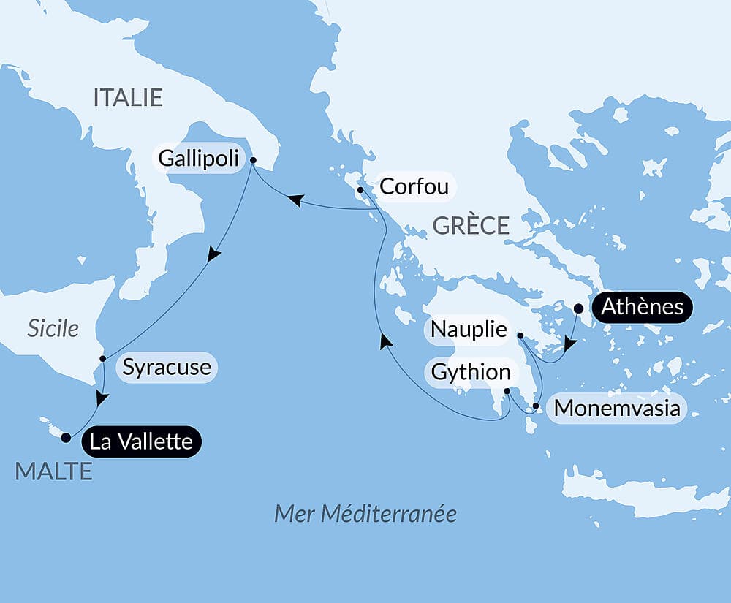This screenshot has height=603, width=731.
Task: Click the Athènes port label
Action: [642, 307]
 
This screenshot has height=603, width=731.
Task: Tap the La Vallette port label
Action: [141, 441]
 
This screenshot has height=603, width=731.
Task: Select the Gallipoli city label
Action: [199, 158]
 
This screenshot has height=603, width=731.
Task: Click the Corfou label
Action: [413, 186]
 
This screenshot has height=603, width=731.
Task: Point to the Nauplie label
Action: [469, 330]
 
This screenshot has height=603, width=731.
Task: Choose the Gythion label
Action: [471, 372]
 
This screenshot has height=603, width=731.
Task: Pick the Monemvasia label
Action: [618, 409]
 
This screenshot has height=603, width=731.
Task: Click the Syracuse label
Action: [167, 367]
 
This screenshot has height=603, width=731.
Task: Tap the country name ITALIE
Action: [128, 98]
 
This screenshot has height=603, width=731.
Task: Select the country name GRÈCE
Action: [471, 225]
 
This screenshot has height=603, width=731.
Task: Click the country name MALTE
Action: [53, 471]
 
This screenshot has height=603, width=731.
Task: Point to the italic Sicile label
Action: [53, 329]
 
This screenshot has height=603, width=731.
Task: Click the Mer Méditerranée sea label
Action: [365, 514]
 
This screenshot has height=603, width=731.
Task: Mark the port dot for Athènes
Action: [578, 308]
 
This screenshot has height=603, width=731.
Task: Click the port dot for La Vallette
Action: [66, 438]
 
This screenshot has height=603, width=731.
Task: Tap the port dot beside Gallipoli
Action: [253, 160]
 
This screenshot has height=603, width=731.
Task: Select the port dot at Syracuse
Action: [102, 359]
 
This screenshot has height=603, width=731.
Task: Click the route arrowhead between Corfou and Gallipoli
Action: [295, 200]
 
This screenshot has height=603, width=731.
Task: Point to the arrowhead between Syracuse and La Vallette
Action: [102, 399]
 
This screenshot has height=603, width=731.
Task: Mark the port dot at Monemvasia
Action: [536, 406]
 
